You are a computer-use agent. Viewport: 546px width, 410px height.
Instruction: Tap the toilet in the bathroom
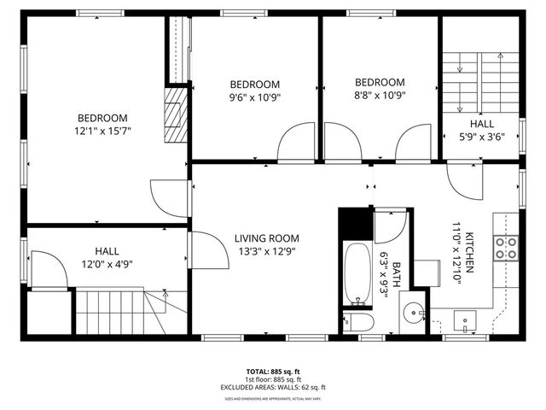(x=357, y=322)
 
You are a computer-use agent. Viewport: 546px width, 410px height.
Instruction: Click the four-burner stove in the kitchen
(x=507, y=248)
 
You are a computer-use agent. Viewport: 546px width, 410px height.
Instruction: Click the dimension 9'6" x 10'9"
(x=255, y=97)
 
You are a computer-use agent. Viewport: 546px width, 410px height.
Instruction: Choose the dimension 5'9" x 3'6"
(x=481, y=137)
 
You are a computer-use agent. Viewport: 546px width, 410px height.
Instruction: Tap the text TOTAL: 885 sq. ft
(x=273, y=372)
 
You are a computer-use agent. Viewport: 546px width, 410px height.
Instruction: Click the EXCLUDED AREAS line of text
(x=273, y=387)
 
